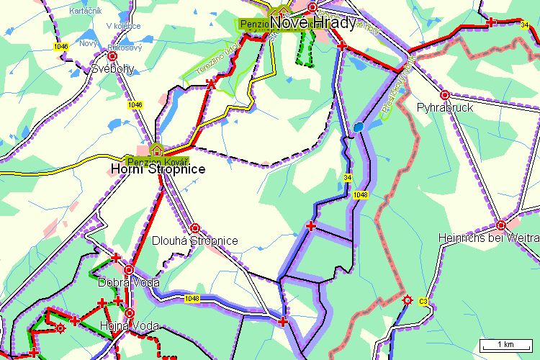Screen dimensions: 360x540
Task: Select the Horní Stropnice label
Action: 158,170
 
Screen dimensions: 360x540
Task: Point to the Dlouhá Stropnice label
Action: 194,241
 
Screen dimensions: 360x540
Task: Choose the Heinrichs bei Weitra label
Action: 489,238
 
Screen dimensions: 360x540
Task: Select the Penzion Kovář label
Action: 158,160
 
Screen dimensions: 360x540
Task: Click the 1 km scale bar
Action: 506,344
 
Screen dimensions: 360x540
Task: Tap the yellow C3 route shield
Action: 424,300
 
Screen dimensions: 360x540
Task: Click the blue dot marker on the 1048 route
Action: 359,128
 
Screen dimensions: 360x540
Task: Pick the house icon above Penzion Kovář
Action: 156,150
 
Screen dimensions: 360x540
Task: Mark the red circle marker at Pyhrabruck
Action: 445,94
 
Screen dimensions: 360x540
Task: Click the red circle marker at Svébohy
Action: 112,55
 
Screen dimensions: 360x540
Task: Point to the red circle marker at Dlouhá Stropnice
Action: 194,228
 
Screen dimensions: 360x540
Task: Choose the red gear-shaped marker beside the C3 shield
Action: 408,300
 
